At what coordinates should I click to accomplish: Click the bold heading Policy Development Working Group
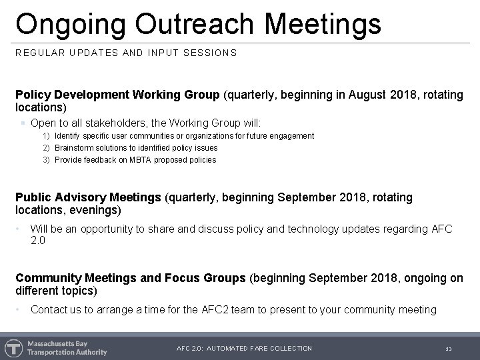coord(117,95)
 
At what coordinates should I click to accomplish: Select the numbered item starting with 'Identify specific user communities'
coord(184,135)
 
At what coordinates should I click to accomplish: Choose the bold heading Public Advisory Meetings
coord(88,198)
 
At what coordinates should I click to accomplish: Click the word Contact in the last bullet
coord(49,309)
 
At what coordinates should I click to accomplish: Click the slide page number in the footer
coord(448,349)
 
